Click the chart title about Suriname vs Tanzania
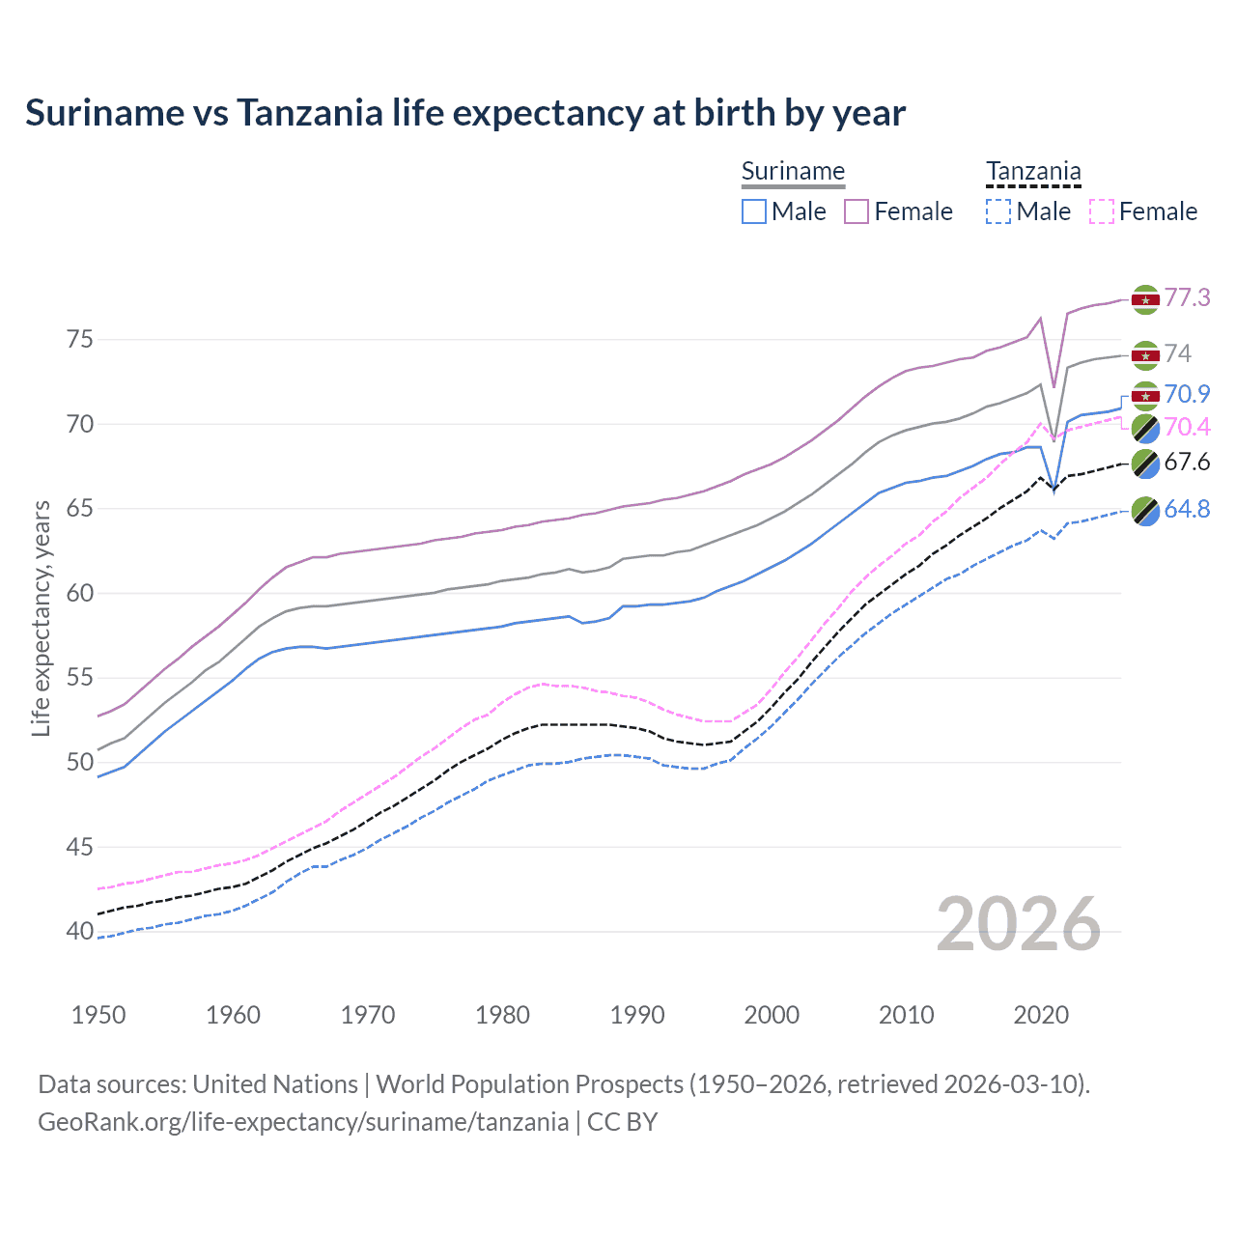(x=465, y=113)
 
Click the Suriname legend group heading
(x=793, y=172)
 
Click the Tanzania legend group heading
(x=1033, y=172)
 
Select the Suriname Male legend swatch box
(x=754, y=211)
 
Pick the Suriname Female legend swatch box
(x=857, y=211)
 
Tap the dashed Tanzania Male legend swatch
(x=998, y=211)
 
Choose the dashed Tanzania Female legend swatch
(x=1101, y=211)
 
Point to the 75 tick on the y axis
(x=80, y=340)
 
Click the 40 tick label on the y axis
(x=80, y=932)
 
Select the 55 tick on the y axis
(x=80, y=678)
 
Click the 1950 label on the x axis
(x=98, y=1015)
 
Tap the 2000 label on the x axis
(x=772, y=1015)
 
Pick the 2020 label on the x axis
(x=1041, y=1015)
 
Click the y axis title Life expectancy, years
(x=41, y=618)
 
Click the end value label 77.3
(x=1187, y=297)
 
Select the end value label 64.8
(x=1187, y=509)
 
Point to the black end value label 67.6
(x=1187, y=462)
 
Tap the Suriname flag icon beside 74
(x=1145, y=354)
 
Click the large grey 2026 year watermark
(x=1019, y=924)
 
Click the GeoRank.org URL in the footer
(x=303, y=1122)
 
